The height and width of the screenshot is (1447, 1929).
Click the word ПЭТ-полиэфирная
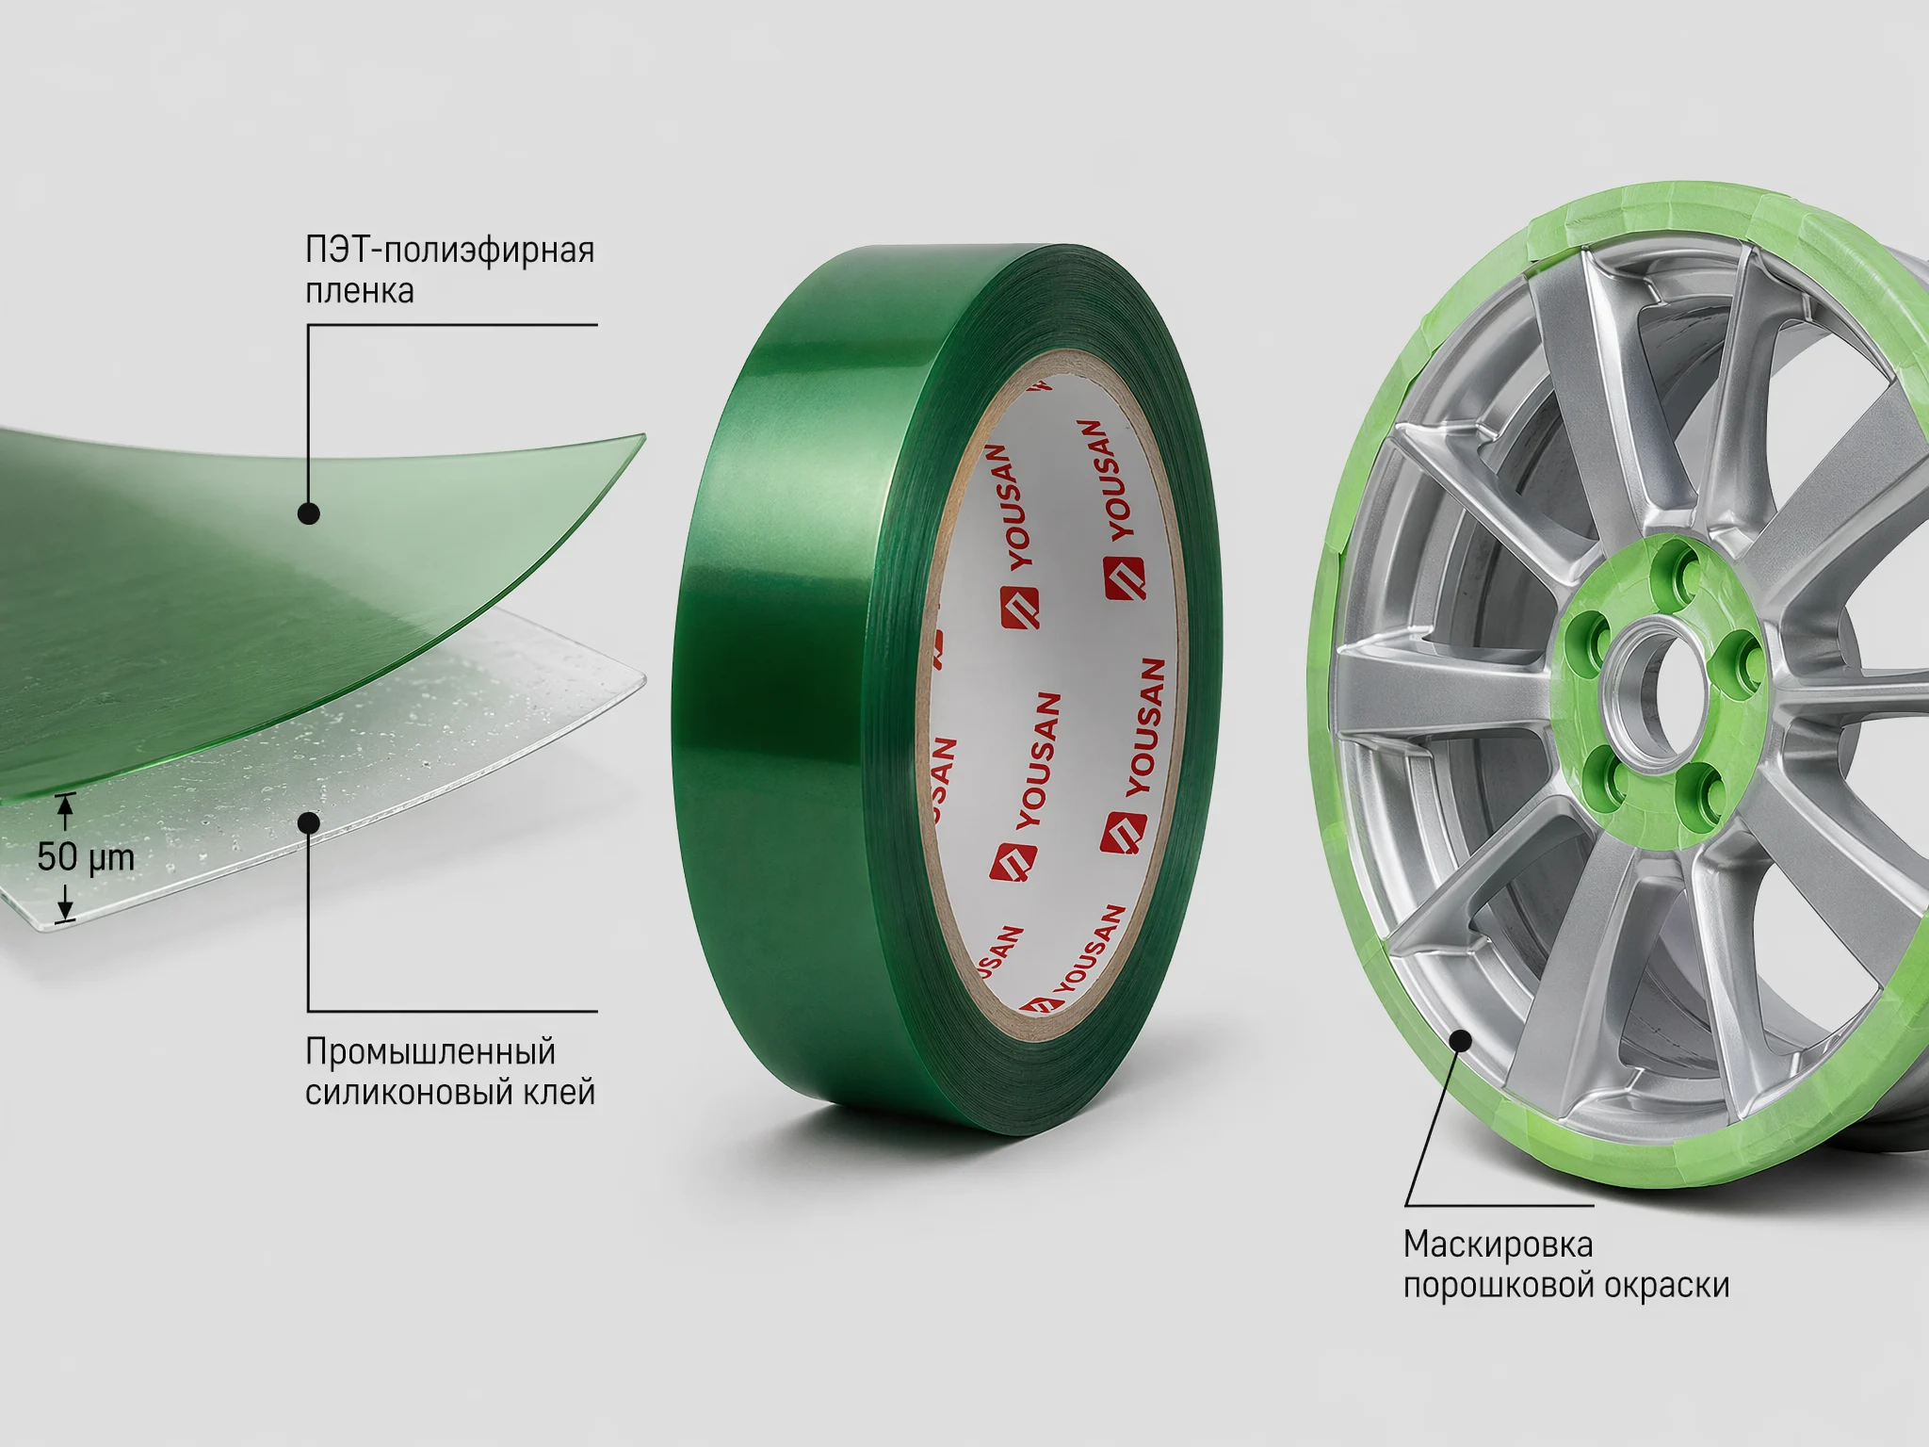coord(449,251)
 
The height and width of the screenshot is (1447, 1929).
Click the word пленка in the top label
coord(359,291)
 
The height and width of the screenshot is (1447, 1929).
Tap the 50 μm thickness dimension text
coord(86,857)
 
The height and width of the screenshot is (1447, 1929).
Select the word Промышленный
coord(430,1052)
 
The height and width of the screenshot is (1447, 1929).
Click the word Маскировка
coord(1498,1244)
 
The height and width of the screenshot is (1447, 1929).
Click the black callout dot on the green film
coord(308,513)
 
